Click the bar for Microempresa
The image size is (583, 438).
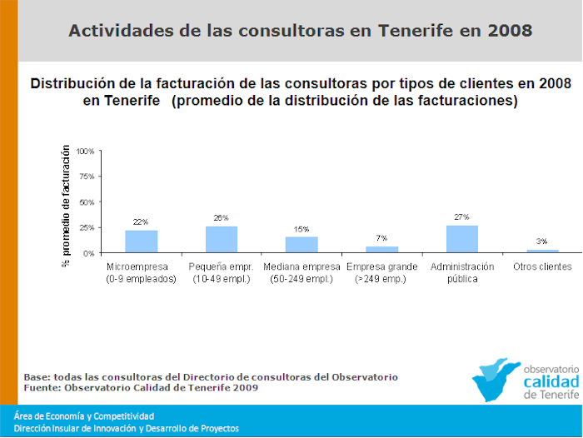click(x=141, y=241)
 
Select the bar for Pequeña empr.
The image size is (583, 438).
click(x=222, y=239)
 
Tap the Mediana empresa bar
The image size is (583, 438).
click(x=301, y=245)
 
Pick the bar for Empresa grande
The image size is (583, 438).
click(x=382, y=249)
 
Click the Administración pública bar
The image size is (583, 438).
click(x=462, y=239)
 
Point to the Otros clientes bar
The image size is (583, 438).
click(x=543, y=251)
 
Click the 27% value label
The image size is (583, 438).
click(x=462, y=217)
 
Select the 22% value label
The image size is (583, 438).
click(x=141, y=222)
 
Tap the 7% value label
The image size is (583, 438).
click(x=382, y=238)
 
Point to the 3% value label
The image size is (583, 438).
click(x=543, y=241)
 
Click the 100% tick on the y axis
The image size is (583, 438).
click(x=86, y=152)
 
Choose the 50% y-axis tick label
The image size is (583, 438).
click(x=87, y=202)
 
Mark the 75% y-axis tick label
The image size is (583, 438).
click(x=87, y=177)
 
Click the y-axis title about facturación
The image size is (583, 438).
click(x=65, y=204)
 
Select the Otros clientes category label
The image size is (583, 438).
click(x=543, y=266)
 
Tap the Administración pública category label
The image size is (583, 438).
click(x=462, y=272)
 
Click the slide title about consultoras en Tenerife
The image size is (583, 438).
click(x=300, y=32)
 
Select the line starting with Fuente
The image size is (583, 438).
click(x=141, y=387)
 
